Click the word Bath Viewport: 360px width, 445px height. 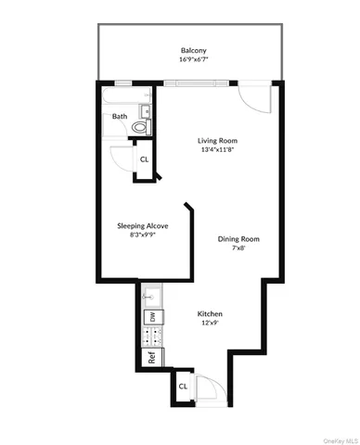[121, 117]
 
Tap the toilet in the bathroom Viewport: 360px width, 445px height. [141, 127]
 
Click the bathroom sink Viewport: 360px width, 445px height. [146, 112]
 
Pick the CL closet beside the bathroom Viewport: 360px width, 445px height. [144, 159]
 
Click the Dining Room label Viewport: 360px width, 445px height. [238, 238]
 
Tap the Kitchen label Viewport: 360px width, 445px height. [210, 314]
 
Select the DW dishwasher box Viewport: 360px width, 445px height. [151, 318]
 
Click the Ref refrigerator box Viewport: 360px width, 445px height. [150, 355]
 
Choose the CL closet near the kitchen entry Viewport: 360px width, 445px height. [183, 385]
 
